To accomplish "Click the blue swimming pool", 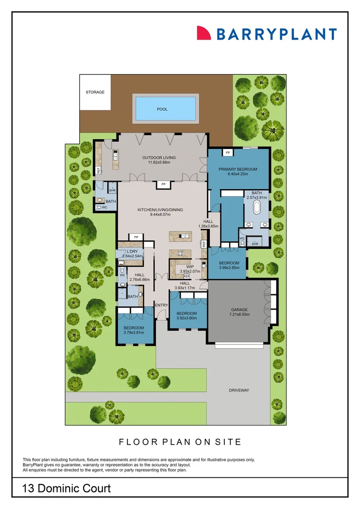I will [x=165, y=108].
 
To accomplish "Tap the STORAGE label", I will [x=95, y=92].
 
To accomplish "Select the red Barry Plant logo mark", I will [x=204, y=33].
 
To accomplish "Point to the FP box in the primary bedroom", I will [x=228, y=153].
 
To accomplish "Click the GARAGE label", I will [x=239, y=310].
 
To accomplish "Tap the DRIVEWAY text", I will [x=239, y=390].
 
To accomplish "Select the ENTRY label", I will [x=162, y=305].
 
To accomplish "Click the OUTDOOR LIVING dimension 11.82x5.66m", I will [x=159, y=163].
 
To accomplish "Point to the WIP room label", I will [x=190, y=266].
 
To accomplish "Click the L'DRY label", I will [x=132, y=252].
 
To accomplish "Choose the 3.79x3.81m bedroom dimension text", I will [x=134, y=333].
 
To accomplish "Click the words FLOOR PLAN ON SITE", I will [x=180, y=442].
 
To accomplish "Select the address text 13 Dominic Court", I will [x=66, y=488].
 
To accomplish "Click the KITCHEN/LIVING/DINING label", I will [x=160, y=210].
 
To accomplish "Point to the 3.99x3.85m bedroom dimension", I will [x=229, y=268].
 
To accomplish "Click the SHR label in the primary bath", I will [x=255, y=244].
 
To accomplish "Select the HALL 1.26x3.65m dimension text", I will [x=208, y=226].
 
